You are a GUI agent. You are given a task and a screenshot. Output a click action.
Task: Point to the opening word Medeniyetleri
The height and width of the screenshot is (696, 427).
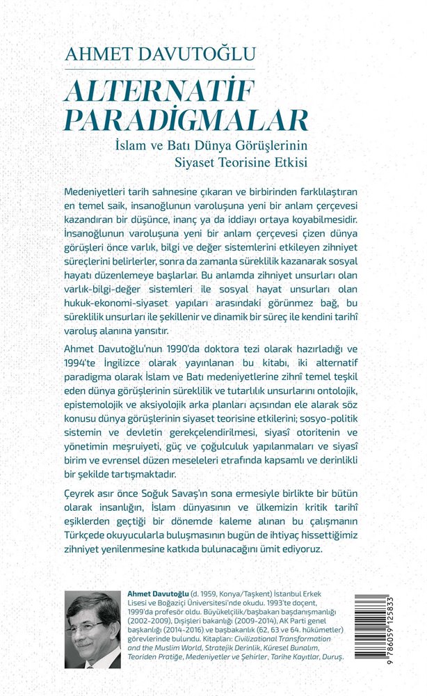tap(97, 191)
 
